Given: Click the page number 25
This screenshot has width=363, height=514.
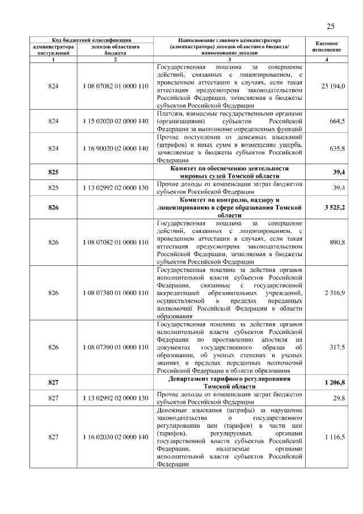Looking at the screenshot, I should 331,26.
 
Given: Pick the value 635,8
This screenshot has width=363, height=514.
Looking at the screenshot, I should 337,148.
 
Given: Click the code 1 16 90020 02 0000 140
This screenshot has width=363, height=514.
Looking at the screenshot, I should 115,148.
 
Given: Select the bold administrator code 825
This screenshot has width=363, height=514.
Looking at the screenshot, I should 54,173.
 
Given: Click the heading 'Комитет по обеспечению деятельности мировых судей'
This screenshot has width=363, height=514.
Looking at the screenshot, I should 229,173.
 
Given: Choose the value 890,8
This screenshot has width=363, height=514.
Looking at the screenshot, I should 337,243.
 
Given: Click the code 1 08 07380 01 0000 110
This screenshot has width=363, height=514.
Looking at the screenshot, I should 115,292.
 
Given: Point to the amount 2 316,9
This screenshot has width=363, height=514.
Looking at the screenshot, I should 335,292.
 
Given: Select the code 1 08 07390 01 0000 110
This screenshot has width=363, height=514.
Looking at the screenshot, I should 115,346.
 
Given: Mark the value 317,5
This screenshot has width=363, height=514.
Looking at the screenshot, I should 337,346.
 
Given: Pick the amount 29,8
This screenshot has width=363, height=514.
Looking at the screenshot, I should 339,398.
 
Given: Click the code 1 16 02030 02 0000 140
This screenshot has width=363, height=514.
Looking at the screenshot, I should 115,437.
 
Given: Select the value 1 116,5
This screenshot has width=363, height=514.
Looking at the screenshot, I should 335,437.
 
